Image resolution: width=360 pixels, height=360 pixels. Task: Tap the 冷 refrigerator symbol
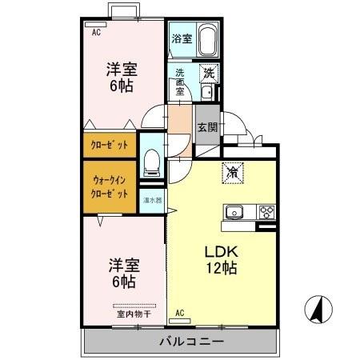coord(232,171)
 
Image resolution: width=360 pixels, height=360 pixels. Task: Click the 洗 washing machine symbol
coord(208,72)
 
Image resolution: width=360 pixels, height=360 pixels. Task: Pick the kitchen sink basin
coord(234,213)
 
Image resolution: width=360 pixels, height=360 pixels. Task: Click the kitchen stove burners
coord(266,213)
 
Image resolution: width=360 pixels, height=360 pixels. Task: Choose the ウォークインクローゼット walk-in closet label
coord(110,187)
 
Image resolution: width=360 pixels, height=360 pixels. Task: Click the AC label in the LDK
coord(179,312)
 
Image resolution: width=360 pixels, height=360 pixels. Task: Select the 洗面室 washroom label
coord(180,82)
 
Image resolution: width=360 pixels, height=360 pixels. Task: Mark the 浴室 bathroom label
coord(181,38)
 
